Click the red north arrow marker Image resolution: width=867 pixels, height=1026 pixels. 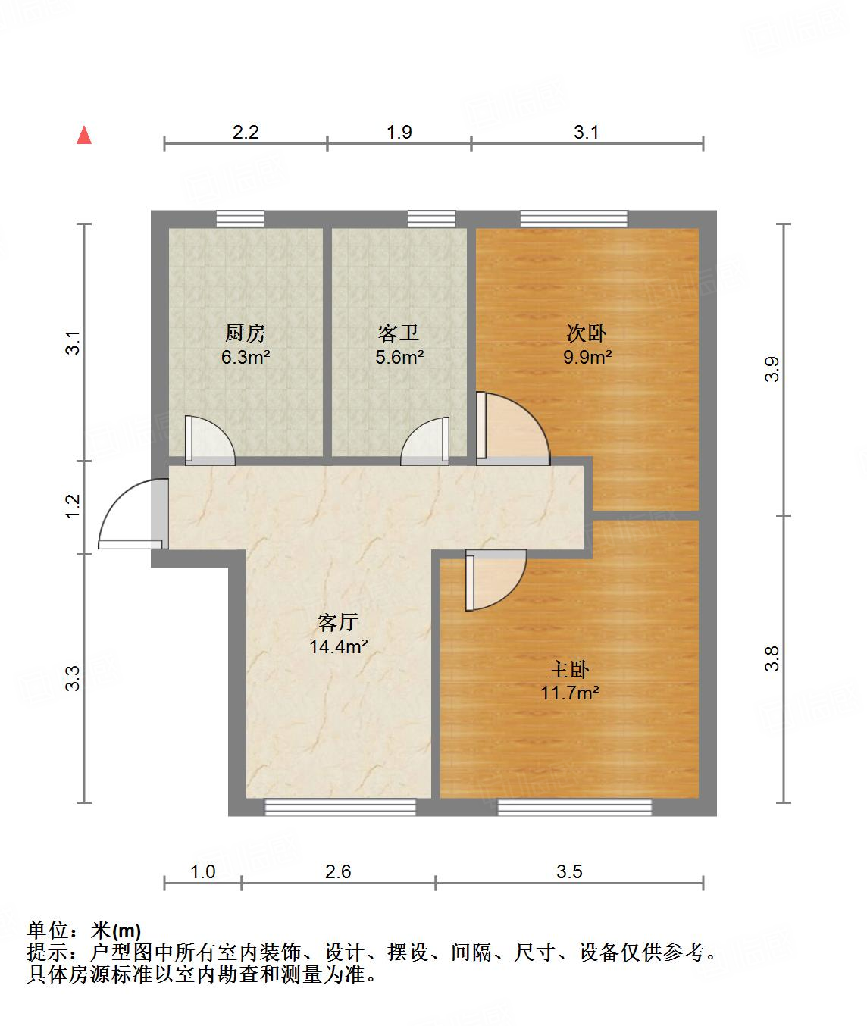point(85,136)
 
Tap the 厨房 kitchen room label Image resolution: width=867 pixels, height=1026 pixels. point(246,333)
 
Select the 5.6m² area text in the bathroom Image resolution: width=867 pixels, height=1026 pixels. point(399,357)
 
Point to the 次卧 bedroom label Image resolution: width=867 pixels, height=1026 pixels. point(587,333)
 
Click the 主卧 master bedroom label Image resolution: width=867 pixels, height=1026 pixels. point(569,669)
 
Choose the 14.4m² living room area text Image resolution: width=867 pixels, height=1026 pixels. point(338,646)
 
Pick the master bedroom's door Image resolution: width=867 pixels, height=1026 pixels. point(493,580)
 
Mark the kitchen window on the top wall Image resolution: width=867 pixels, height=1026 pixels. point(240,219)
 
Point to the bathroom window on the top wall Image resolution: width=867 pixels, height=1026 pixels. point(431,219)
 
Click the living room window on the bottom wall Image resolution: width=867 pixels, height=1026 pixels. point(340,808)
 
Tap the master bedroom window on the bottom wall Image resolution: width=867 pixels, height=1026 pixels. point(574,808)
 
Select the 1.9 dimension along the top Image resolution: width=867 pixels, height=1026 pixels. point(399,133)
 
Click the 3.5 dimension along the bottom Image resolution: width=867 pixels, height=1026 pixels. point(569,871)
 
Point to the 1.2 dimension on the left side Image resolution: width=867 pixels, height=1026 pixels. point(73,506)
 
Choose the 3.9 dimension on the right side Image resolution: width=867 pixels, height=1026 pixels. point(772,369)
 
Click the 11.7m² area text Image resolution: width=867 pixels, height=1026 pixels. point(569,692)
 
